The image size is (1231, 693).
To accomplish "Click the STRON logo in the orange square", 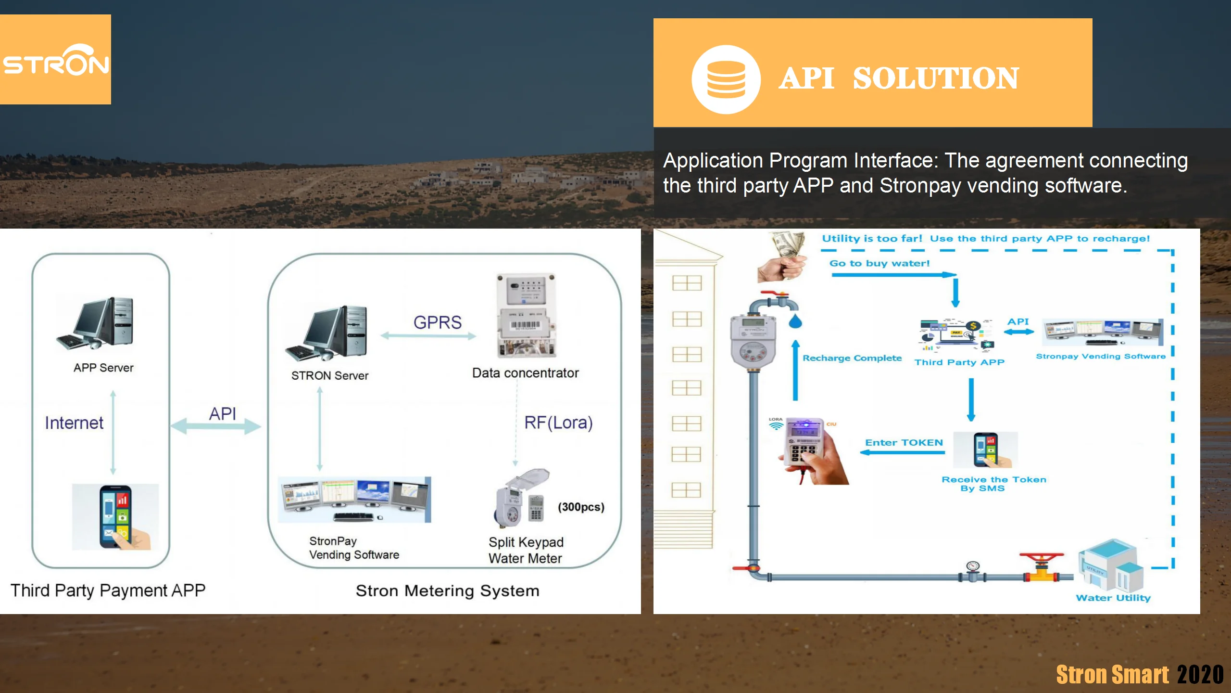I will click(55, 60).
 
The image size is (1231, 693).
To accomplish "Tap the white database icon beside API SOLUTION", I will click(726, 79).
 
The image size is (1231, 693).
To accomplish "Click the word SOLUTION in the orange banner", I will click(935, 78).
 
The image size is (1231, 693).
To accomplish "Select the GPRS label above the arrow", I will click(437, 322).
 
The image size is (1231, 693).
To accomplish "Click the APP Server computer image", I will click(96, 323).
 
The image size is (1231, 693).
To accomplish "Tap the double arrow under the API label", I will click(216, 426).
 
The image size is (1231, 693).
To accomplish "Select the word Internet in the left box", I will click(74, 423).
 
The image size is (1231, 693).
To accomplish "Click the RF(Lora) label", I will click(558, 423).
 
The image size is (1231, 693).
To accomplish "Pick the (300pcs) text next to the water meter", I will click(581, 507).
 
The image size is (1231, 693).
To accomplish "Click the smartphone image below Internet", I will click(116, 517).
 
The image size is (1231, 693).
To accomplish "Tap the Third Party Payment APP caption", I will click(108, 590).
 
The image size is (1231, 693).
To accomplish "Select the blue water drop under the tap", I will click(795, 321).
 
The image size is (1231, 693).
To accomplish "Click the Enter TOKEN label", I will click(904, 442).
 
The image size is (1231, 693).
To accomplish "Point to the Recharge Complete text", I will click(852, 358).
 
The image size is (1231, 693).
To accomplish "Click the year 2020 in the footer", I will click(1200, 674).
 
